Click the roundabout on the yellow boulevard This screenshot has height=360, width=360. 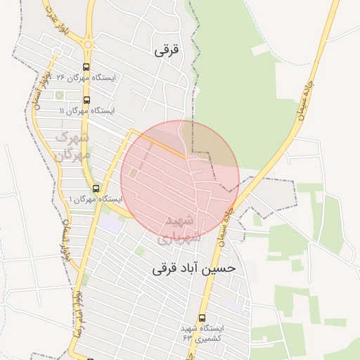[87, 45]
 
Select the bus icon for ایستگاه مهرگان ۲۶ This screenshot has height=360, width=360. [86, 68]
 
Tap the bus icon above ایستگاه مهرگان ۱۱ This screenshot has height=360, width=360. [86, 101]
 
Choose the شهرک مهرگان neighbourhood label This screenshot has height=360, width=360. [73, 144]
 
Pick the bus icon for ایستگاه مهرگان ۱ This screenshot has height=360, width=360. [96, 188]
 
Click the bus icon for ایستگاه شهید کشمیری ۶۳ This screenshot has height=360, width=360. [202, 318]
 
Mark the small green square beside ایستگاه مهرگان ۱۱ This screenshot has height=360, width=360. [59, 95]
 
